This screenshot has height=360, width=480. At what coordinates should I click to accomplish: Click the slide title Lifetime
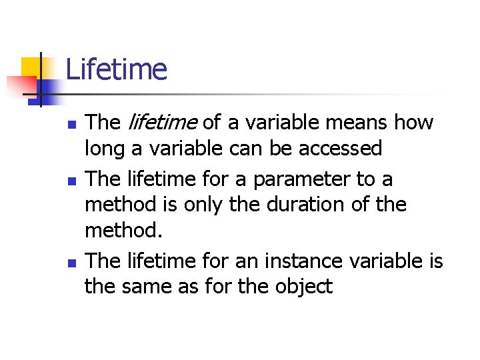click(x=116, y=69)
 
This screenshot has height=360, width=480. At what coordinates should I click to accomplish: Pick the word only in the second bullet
click(x=198, y=205)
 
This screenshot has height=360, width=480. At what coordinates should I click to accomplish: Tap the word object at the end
click(x=301, y=287)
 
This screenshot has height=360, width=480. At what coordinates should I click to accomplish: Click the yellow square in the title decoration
click(x=31, y=67)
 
